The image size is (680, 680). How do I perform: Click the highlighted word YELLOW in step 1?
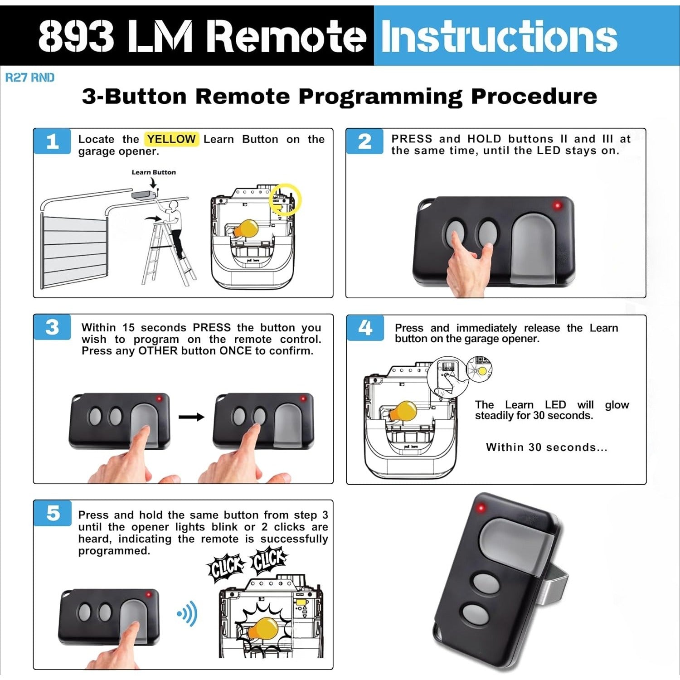click(x=171, y=139)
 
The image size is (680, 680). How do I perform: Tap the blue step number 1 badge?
click(x=52, y=141)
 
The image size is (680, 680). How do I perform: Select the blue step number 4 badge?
click(x=365, y=327)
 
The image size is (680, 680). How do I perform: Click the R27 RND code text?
click(x=29, y=78)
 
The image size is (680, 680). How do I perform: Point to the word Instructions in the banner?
click(x=499, y=36)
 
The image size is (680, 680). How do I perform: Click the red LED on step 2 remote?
click(x=557, y=205)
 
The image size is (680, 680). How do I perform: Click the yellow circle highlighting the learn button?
click(x=285, y=199)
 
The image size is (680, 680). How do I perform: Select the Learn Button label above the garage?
click(x=153, y=172)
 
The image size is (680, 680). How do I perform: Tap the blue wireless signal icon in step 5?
click(x=187, y=613)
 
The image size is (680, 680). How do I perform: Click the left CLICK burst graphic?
click(x=225, y=567)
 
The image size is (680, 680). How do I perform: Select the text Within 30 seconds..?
click(x=546, y=447)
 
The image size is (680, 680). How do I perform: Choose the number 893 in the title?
click(x=76, y=36)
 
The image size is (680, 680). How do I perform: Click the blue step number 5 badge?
click(x=53, y=513)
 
